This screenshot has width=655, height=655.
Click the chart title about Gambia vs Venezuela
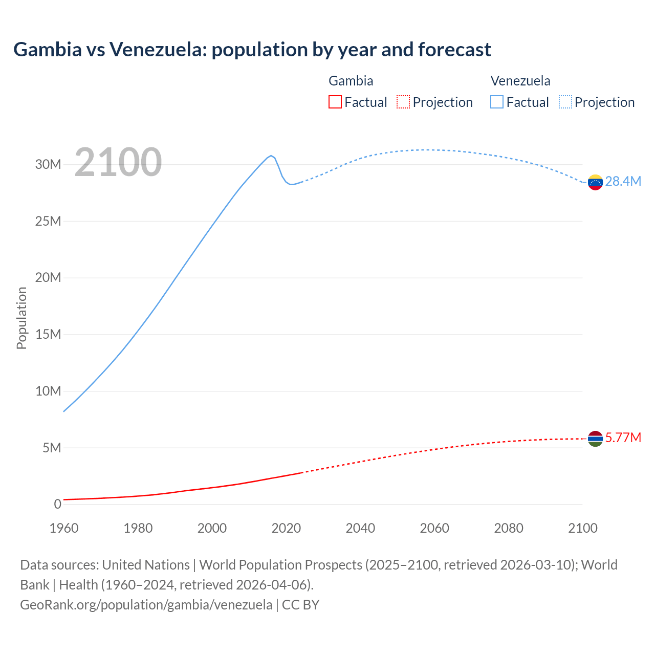click(x=252, y=50)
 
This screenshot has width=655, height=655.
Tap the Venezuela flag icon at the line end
click(x=595, y=182)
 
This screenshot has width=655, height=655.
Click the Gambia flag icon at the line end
click(x=595, y=439)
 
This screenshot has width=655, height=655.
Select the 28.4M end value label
click(x=623, y=182)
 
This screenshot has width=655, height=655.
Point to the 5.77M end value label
click(x=623, y=438)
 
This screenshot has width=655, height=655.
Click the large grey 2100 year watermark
click(x=118, y=162)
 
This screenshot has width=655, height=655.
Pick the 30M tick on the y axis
click(x=48, y=165)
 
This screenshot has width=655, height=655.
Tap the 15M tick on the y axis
click(x=48, y=335)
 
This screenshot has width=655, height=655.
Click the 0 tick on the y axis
click(x=57, y=505)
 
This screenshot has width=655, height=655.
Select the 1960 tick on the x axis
click(x=64, y=528)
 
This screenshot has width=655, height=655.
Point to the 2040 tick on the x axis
click(x=360, y=528)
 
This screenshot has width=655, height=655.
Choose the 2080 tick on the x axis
click(x=509, y=528)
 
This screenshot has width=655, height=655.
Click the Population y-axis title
click(x=21, y=318)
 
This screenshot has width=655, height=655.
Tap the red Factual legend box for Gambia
click(x=335, y=102)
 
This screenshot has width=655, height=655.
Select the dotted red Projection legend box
click(x=403, y=102)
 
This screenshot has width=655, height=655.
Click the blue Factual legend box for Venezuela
click(x=497, y=102)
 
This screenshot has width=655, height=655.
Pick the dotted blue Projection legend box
click(x=565, y=102)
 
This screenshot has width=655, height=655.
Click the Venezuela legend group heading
click(x=520, y=81)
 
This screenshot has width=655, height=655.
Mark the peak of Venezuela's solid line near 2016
click(x=271, y=156)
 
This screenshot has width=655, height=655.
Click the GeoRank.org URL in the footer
click(x=146, y=605)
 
